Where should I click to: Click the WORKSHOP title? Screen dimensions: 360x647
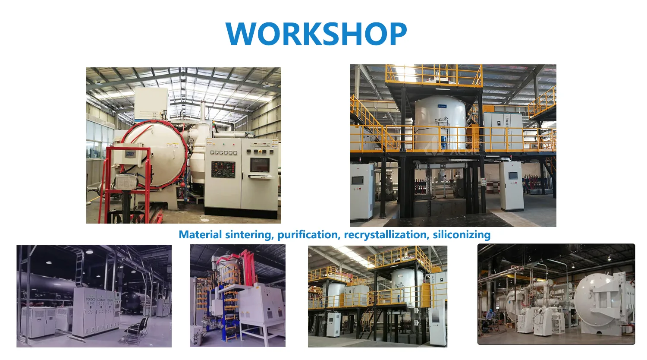(316, 33)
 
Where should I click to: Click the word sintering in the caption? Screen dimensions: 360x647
(250, 235)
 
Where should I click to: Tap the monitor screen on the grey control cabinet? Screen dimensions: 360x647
(260, 165)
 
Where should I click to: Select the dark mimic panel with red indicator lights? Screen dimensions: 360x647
(223, 169)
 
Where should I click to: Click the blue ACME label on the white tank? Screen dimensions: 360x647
(442, 106)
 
